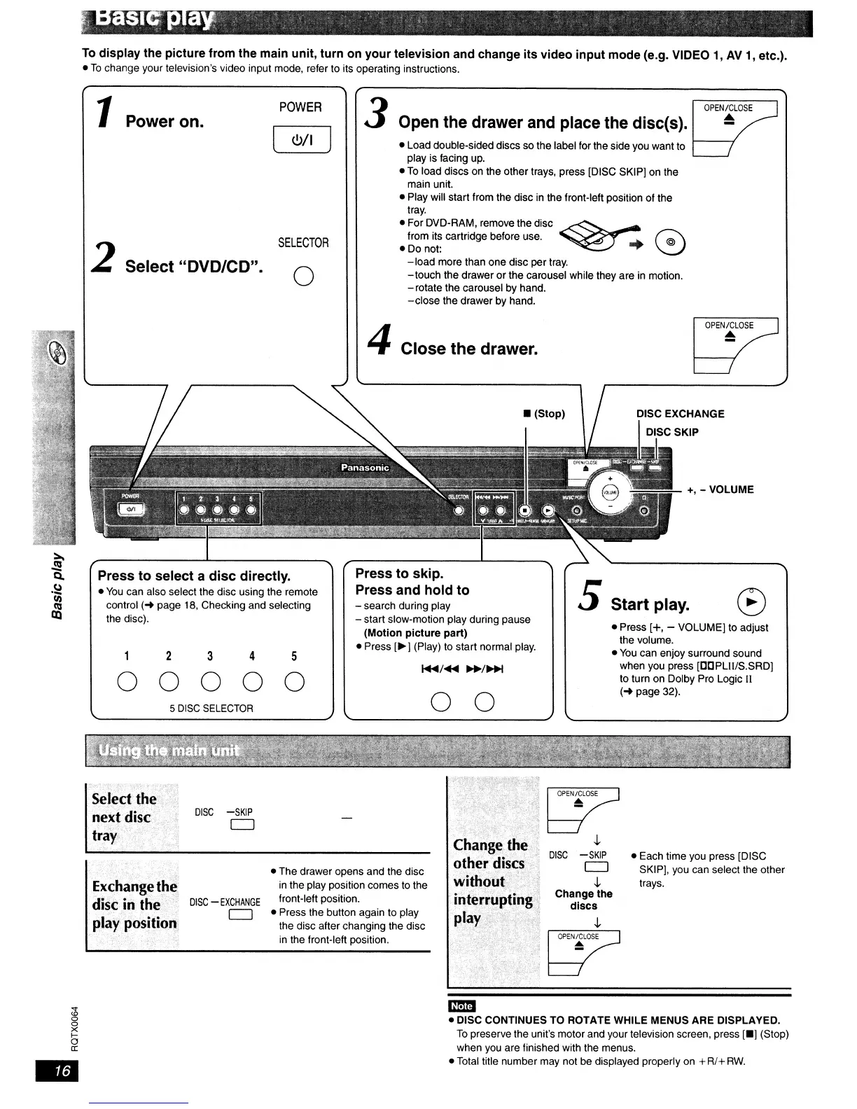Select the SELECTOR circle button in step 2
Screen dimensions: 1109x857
[x=303, y=277]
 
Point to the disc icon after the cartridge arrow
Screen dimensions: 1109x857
[x=671, y=243]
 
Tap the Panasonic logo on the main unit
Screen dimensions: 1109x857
[x=365, y=468]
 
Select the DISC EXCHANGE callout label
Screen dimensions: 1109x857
[x=680, y=414]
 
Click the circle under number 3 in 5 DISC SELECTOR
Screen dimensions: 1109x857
[x=211, y=681]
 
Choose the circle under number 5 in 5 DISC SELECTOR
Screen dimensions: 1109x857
[x=295, y=681]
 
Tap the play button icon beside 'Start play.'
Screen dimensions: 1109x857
[x=752, y=602]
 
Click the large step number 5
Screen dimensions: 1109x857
[x=588, y=597]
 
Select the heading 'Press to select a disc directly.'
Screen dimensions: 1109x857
[x=194, y=576]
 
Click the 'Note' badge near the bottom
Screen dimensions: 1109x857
[x=461, y=1006]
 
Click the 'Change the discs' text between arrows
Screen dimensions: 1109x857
[x=583, y=900]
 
